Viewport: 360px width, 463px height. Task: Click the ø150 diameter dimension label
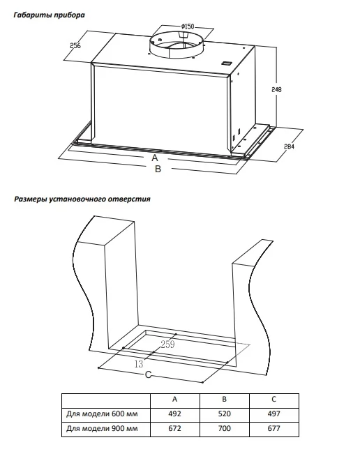point(188,26)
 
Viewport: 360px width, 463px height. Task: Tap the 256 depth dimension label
point(75,45)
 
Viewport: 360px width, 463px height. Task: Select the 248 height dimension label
point(277,89)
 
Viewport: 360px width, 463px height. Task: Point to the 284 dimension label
point(289,146)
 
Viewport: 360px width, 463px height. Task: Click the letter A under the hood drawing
point(155,158)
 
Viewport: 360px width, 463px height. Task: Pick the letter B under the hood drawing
point(158,169)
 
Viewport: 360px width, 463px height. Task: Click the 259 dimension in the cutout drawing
point(167,344)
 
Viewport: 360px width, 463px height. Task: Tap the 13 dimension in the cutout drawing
point(139,364)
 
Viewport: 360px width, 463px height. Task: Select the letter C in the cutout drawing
point(148,375)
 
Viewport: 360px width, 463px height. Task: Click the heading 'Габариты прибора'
point(49,15)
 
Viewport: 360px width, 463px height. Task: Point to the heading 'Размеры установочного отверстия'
point(82,199)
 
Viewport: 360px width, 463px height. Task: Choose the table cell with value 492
point(175,413)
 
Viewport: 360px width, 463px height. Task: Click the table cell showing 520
point(225,413)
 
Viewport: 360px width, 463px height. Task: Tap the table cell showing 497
point(273,413)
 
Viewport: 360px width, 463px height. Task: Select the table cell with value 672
point(175,428)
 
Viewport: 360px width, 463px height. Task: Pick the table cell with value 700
point(225,428)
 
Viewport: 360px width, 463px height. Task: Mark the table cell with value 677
point(273,428)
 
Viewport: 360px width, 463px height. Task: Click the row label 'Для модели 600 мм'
point(102,413)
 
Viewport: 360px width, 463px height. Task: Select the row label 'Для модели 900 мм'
point(102,428)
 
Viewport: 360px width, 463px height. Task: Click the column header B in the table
point(225,400)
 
